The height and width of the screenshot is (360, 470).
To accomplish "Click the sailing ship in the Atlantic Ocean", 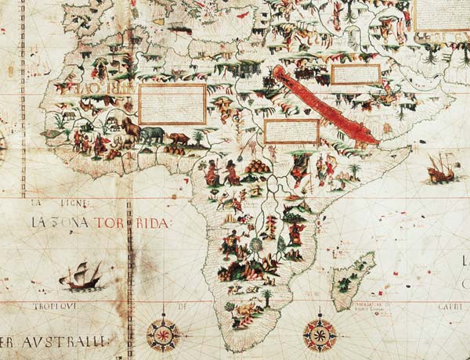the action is click(81, 275).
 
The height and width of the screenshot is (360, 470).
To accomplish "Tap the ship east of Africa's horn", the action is click(441, 167).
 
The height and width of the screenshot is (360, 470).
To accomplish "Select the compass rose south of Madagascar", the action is click(319, 332).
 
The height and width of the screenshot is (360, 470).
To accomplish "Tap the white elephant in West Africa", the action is click(125, 141).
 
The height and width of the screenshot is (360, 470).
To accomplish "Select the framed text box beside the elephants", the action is click(172, 104).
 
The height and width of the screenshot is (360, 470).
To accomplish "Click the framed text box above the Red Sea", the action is click(356, 74).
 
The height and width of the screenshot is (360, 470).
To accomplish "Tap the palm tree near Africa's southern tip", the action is click(267, 297).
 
